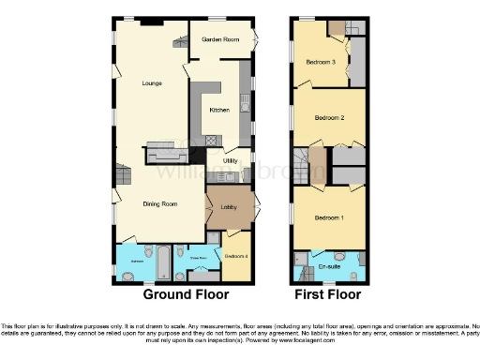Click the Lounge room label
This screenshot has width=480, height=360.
click(152, 83)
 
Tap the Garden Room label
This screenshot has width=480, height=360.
click(221, 39)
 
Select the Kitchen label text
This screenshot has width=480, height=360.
click(219, 110)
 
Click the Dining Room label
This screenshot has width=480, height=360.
click(160, 203)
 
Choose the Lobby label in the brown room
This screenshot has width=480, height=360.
click(228, 207)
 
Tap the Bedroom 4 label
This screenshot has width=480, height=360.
click(235, 255)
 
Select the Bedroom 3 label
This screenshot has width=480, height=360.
click(321, 63)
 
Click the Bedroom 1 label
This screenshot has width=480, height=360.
click(328, 217)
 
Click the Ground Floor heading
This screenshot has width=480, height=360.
click(182, 294)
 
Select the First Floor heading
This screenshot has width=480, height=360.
click(328, 294)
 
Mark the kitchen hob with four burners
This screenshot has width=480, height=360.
click(211, 142)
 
